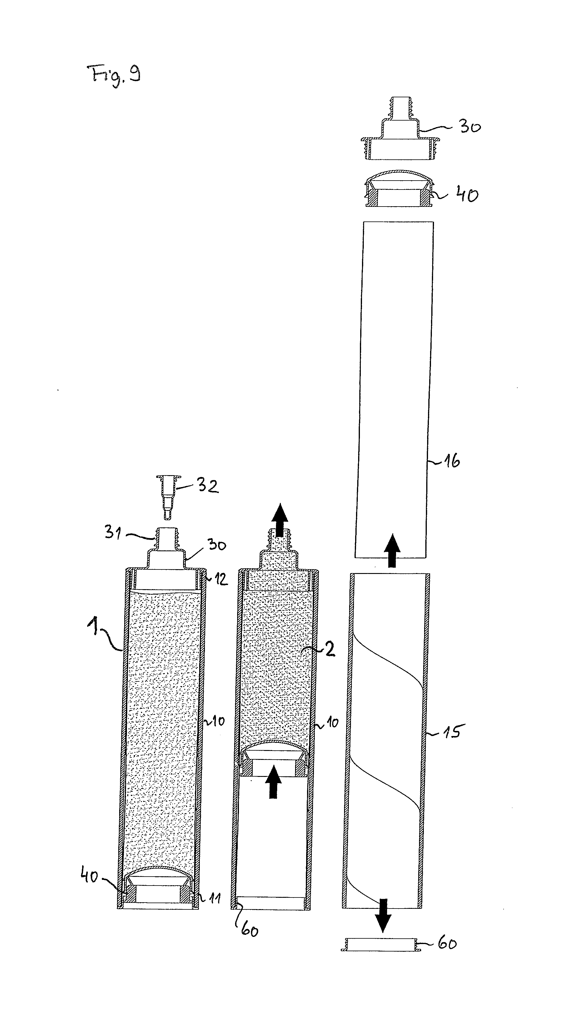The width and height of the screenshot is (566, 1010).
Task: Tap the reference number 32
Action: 207,486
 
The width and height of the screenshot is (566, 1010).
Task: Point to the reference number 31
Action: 113,532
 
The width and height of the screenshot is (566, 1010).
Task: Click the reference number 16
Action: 451,461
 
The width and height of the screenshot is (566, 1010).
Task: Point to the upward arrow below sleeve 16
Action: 392,550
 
